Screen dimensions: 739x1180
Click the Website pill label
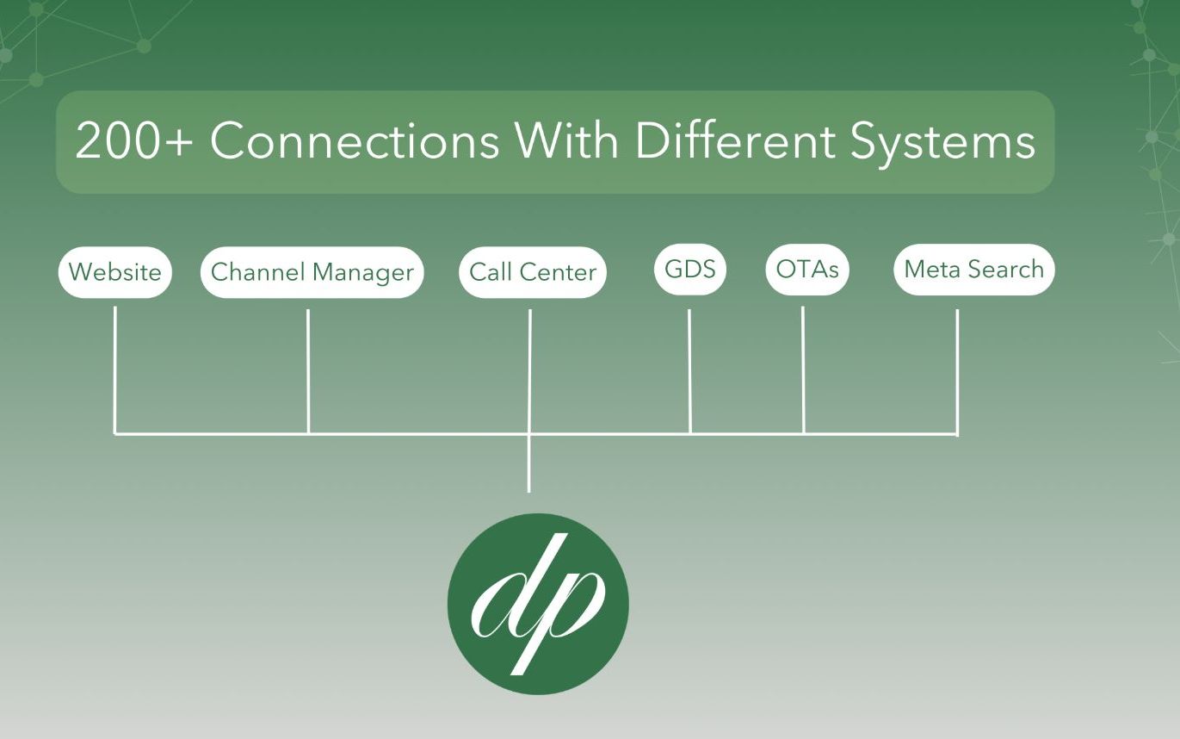coord(114,272)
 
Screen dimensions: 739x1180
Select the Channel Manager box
coord(312,272)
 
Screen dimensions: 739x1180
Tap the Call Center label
coord(533,272)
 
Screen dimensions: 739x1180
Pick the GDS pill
coord(690,269)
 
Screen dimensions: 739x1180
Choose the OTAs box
coord(806,269)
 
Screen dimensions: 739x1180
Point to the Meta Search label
coord(973,269)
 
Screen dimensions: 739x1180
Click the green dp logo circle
coord(538,603)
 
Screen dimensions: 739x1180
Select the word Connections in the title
coord(355,142)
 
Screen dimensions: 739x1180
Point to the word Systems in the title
coord(942,142)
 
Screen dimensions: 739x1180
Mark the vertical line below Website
coord(115,370)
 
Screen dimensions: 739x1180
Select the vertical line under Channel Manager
coord(308,370)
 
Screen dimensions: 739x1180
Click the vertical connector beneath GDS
coord(689,370)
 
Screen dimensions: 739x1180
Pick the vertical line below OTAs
coord(803,370)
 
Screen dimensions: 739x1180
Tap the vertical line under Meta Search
coord(957,370)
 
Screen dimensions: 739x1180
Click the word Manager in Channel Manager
coord(362,273)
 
